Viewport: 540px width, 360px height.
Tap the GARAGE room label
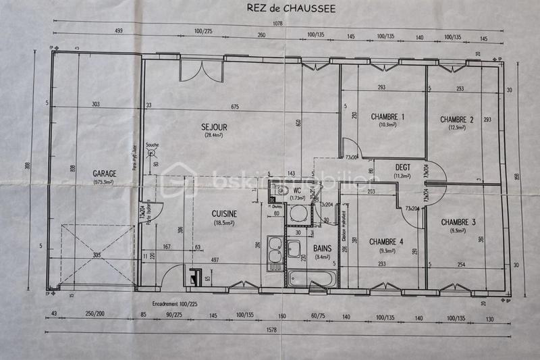point(105,174)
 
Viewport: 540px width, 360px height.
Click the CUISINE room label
point(223,214)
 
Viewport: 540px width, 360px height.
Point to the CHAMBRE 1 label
point(387,117)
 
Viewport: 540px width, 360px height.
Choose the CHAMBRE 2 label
point(457,120)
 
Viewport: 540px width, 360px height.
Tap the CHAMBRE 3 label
point(458,222)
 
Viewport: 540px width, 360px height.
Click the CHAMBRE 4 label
point(386,241)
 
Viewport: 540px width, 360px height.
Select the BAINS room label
point(322,248)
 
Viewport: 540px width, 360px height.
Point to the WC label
point(297,190)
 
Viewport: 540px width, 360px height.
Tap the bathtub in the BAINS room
point(310,278)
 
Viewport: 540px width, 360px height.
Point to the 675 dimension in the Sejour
point(235,106)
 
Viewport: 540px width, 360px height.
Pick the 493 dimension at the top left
point(119,31)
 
